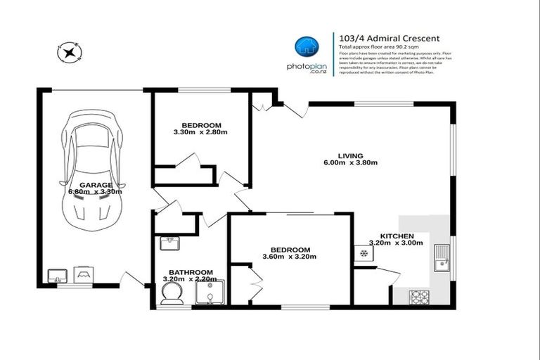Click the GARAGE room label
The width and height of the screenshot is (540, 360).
coord(95,184)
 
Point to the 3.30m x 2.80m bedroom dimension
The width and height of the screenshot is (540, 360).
coord(200,132)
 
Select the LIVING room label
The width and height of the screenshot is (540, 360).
coord(349,155)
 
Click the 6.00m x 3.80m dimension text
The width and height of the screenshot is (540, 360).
coord(349,163)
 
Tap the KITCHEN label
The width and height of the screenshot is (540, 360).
coord(397,236)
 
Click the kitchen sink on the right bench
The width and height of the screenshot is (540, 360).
coord(442,258)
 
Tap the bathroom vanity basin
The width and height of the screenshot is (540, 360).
coord(168,243)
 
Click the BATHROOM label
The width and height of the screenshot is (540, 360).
coord(191,272)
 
